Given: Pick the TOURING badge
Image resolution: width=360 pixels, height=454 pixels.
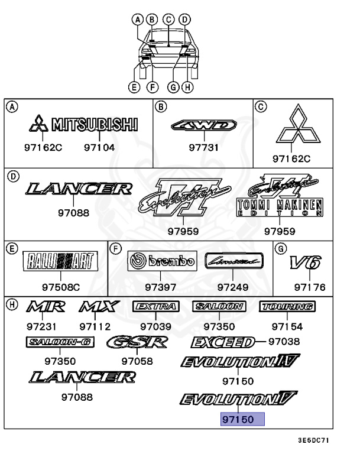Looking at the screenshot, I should point(287,306).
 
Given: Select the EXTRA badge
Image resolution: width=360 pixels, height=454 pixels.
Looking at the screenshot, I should point(155,306).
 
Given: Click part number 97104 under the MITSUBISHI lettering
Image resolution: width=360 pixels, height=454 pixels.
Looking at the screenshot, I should point(99,147).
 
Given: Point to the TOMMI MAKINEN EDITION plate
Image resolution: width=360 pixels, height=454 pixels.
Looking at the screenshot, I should point(279,208).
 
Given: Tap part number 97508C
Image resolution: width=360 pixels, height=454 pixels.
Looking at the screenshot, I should point(60,288).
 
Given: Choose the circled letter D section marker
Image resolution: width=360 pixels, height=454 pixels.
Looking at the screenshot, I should point(12,176).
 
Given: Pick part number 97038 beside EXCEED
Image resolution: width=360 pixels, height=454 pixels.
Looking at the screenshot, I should point(284,342).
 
